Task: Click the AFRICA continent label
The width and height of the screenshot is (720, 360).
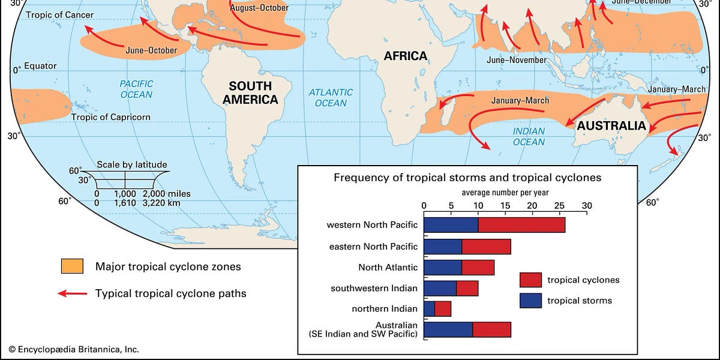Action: click(406, 56)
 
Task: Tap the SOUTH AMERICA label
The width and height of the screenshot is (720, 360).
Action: click(250, 93)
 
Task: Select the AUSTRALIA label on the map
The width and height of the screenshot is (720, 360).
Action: click(611, 126)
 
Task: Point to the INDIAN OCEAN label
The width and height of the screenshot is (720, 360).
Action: click(529, 136)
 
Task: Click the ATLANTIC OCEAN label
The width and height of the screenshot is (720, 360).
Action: click(331, 97)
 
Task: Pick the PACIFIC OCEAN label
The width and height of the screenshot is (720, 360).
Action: click(136, 89)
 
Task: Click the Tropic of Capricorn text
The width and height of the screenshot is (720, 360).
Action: click(110, 117)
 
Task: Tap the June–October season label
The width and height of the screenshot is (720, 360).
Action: click(151, 50)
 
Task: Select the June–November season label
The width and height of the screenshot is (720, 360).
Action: click(517, 60)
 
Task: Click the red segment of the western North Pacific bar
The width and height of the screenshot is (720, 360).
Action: click(521, 225)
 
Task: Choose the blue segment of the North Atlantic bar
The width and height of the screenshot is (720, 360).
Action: click(443, 267)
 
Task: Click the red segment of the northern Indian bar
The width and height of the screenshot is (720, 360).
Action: click(443, 309)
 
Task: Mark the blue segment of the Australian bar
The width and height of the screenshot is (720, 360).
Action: click(448, 330)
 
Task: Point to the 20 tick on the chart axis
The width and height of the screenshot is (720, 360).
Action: click(532, 205)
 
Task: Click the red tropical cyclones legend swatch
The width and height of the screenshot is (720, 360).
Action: click(530, 280)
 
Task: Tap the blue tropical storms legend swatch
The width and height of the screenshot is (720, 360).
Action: click(530, 300)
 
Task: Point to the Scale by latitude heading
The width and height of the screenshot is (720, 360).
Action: click(131, 164)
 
